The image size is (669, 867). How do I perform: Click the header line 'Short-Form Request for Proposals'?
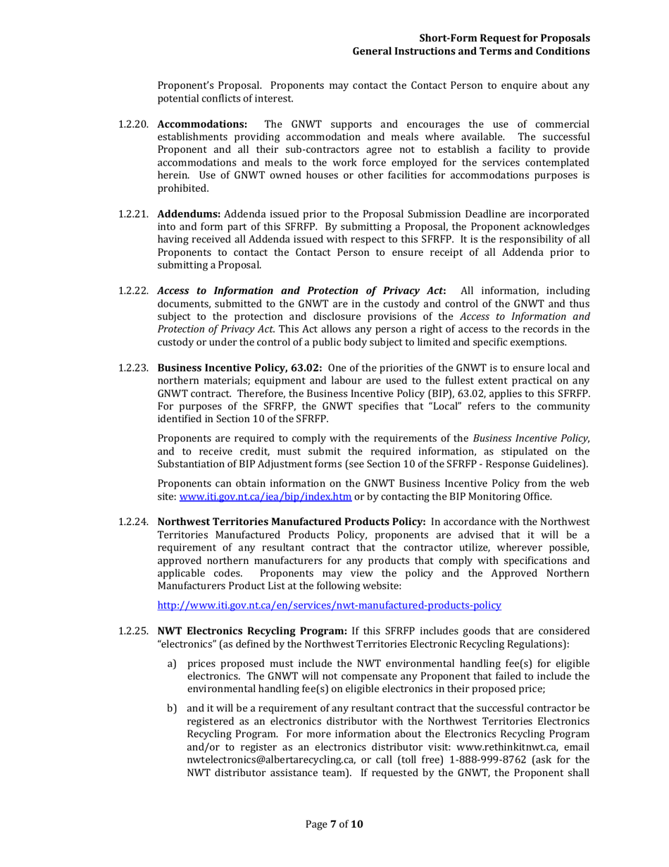[x=504, y=38]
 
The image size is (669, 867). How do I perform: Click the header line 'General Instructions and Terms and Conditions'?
[x=470, y=51]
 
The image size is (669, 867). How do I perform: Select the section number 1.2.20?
[x=133, y=125]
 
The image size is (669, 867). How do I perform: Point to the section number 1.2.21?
[x=133, y=214]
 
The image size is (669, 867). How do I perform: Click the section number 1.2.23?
[x=133, y=368]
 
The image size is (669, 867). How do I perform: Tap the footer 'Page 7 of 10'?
[x=334, y=823]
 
